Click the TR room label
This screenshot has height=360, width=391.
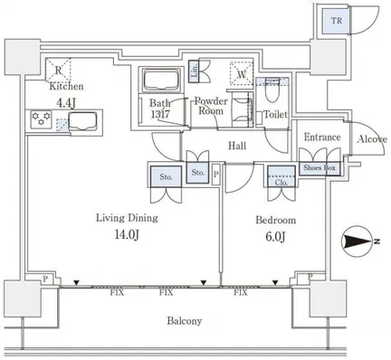pos(337,21)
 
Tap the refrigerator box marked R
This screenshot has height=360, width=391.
pos(58,70)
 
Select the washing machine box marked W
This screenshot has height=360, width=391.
pos(242,73)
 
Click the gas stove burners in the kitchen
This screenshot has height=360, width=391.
pos(41,119)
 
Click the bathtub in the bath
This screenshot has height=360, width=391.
pos(160,80)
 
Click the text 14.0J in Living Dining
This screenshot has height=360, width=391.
pos(127,235)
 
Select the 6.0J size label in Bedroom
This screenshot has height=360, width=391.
pos(275,237)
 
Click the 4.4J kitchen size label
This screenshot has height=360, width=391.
pos(66,103)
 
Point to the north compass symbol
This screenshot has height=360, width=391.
pos(358,242)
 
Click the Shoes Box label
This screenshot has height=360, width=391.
pos(319,167)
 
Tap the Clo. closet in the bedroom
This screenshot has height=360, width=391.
pos(281,176)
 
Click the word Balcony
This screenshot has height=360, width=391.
pos(185,320)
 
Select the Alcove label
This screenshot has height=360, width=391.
pos(372,139)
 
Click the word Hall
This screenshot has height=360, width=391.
pos(237,146)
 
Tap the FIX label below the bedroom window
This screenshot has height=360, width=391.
pos(241,292)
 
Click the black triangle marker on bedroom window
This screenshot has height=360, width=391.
pos(275,283)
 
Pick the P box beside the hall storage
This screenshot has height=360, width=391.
pos(216,175)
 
